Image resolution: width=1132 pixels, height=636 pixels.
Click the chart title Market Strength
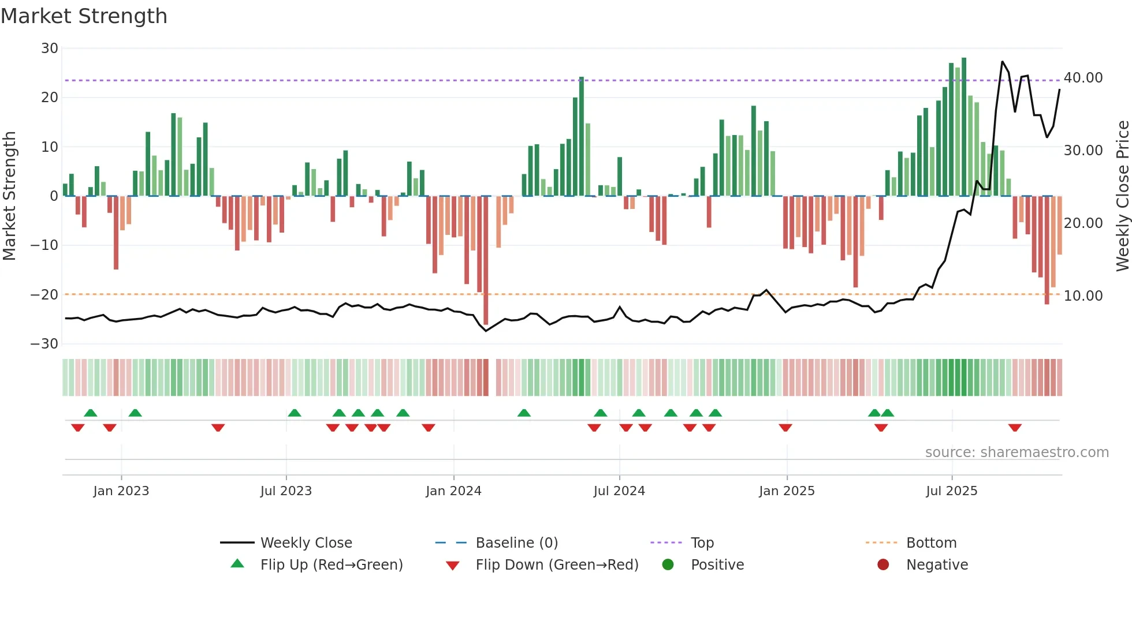tap(84, 16)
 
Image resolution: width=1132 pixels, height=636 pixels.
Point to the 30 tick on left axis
tap(50, 48)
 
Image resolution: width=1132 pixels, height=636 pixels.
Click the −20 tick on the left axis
tap(44, 295)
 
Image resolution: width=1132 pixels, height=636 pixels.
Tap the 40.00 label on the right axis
tap(1083, 78)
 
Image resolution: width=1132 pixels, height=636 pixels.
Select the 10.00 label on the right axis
tap(1083, 296)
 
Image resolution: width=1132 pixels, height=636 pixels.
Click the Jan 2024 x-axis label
tap(453, 491)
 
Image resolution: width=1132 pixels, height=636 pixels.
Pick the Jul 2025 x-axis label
tap(951, 491)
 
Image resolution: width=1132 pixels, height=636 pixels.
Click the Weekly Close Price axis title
tap(1122, 196)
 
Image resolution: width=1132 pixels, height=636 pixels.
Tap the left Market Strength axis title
tap(10, 196)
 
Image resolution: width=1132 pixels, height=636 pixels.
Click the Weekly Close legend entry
tap(306, 543)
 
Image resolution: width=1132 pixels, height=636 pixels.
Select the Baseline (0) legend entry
tap(516, 543)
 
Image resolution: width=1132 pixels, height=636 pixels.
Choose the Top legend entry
tap(702, 543)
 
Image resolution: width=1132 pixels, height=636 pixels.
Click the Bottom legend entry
tap(931, 543)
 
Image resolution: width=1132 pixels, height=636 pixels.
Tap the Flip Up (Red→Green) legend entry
tap(331, 565)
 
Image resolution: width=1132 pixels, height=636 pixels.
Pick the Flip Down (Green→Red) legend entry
tap(557, 565)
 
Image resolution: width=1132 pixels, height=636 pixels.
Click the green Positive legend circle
tap(668, 565)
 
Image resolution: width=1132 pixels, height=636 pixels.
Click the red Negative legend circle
tap(883, 565)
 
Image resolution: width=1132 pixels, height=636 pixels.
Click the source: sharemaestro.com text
tap(1016, 452)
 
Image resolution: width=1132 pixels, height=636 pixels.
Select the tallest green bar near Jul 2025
tap(964, 127)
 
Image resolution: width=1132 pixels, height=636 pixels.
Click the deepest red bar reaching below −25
tap(486, 260)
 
